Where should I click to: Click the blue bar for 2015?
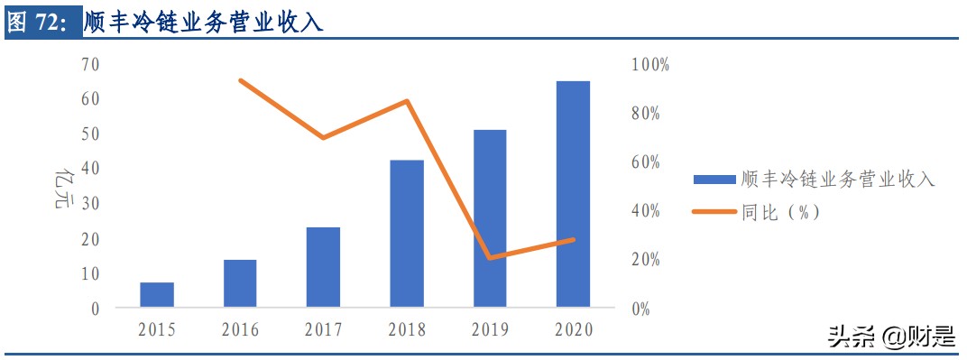coord(157,295)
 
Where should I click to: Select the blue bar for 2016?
coord(240,283)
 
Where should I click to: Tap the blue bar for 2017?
coord(323,267)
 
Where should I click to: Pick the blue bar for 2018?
coord(407,234)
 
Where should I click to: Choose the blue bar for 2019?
coord(490,218)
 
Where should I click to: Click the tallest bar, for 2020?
coord(573,194)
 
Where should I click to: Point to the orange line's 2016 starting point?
coord(240,80)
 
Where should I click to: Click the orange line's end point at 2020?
coord(573,239)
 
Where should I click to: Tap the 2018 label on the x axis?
coord(407,330)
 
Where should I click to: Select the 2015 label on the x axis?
coord(157,330)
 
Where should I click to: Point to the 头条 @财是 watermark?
coord(889,338)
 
